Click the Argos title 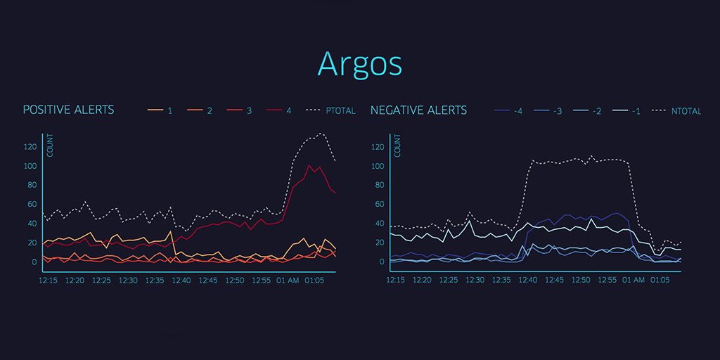359,63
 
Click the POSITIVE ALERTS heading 68,110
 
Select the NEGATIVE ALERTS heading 418,110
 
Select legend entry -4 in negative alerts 510,111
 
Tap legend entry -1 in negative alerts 629,111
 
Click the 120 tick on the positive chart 30,147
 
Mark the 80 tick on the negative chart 379,186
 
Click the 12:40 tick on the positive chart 181,280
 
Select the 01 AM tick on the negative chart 634,280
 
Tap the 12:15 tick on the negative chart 396,280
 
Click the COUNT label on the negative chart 398,146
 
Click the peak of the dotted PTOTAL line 321,133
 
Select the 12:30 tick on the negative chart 475,280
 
